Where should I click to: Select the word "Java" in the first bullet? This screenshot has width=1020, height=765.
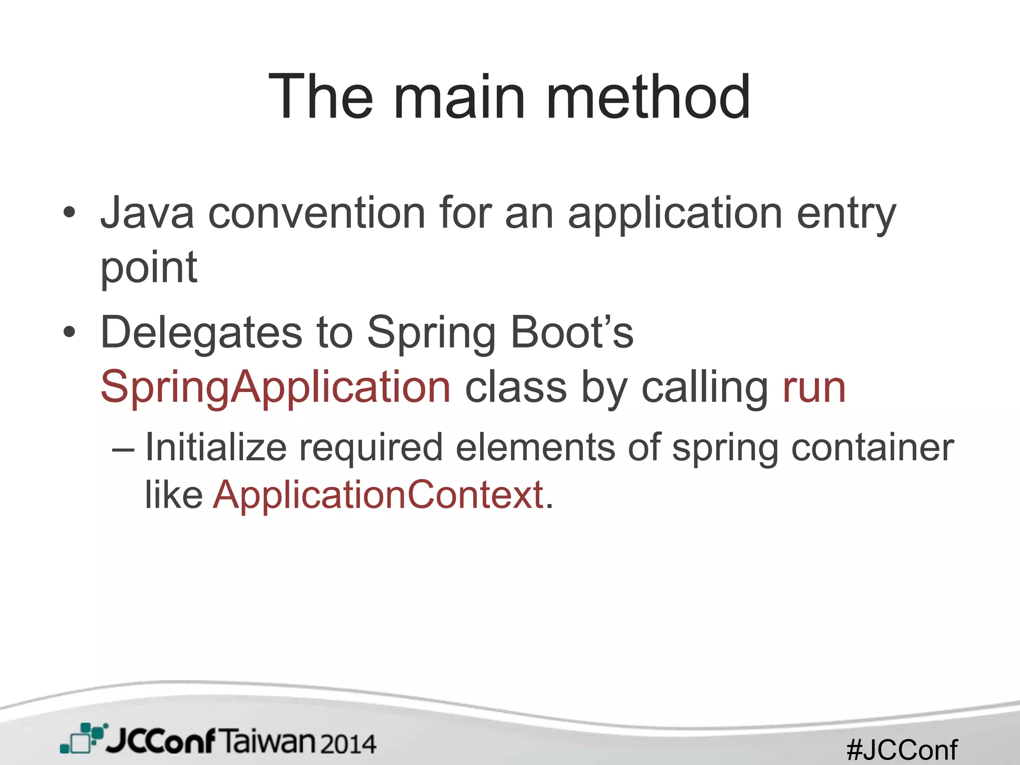click(147, 213)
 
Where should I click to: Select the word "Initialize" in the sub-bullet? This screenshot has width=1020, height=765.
click(216, 447)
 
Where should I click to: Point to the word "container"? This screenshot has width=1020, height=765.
click(872, 447)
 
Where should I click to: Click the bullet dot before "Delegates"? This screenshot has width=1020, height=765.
click(69, 332)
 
